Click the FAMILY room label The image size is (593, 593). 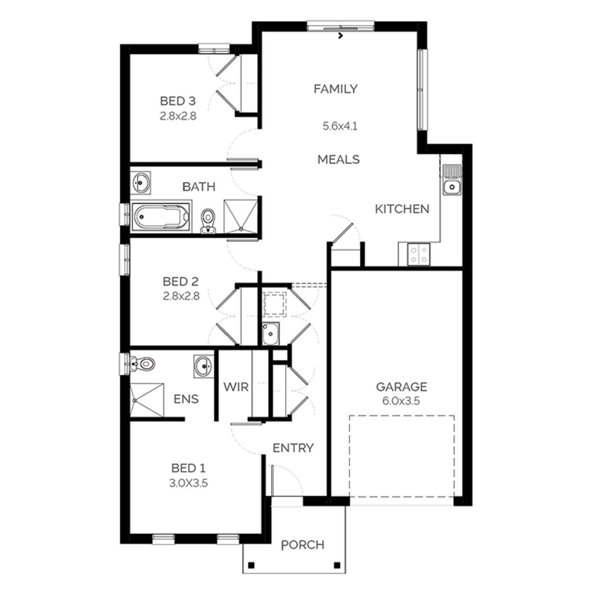336,89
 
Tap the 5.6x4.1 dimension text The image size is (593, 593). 340,126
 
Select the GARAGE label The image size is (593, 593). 401,387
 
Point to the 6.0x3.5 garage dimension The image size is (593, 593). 401,401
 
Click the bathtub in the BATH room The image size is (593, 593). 161,216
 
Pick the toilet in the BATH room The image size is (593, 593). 208,221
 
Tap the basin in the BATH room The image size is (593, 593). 141,183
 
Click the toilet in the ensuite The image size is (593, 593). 142,363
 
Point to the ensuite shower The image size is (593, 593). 147,399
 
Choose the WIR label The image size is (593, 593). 236,387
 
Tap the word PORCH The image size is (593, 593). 302,545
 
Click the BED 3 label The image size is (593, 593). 178,101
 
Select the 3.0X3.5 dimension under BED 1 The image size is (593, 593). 189,483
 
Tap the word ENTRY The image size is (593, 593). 293,448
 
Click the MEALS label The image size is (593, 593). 339,159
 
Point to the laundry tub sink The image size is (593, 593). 271,334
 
